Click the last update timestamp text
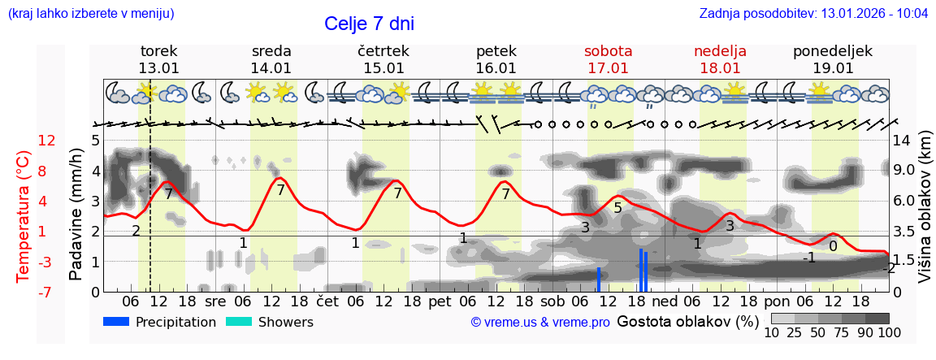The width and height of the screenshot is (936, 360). [813, 14]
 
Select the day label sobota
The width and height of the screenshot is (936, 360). [608, 51]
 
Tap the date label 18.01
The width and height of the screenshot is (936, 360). [720, 68]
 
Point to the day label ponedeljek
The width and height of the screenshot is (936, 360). [833, 51]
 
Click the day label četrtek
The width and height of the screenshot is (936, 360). [383, 51]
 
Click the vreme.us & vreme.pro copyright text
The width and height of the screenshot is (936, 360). [540, 323]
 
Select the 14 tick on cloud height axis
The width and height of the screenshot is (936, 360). [903, 141]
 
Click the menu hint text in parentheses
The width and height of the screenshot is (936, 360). [91, 14]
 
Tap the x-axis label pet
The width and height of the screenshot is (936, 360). [440, 301]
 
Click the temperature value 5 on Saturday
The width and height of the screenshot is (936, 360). [617, 208]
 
